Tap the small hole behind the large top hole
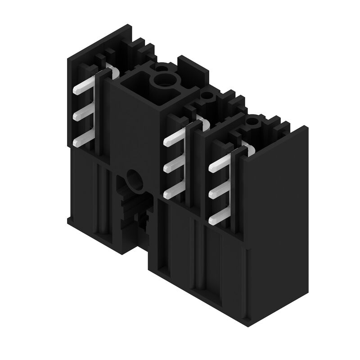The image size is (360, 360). coord(162,68)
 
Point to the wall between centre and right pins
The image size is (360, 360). coord(198,171)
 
